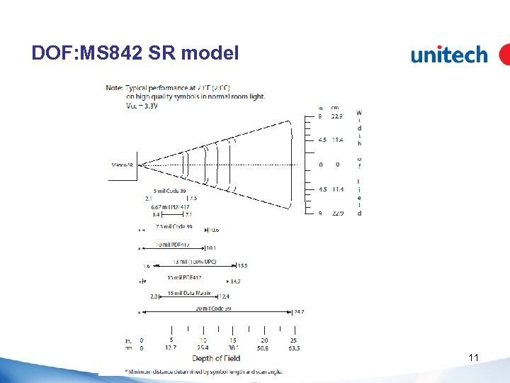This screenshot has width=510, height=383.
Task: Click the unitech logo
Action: coord(450,55)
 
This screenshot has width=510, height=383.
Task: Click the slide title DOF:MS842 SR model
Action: coord(135,53)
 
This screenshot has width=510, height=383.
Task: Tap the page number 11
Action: coord(473,358)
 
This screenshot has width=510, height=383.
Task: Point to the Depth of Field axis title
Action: coord(217,358)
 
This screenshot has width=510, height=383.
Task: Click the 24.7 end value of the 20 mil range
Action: coord(299,312)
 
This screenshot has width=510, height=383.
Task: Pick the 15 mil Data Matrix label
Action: coord(189,293)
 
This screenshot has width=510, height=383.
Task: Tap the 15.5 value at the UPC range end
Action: coord(242,266)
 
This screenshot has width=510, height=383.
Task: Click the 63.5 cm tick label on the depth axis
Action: coord(293,348)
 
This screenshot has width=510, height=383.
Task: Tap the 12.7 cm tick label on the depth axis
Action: coord(171,348)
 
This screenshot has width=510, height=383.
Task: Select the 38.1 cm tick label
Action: coord(233,348)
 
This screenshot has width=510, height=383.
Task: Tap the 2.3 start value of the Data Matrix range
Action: coord(154,296)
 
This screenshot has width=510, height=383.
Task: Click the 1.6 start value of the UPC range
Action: coord(146,266)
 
